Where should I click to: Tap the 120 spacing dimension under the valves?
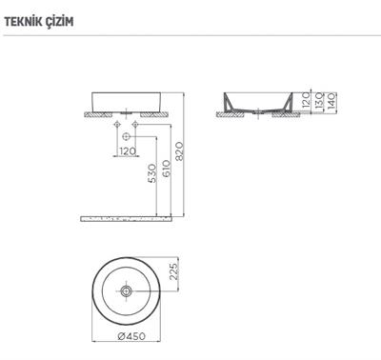[126, 150]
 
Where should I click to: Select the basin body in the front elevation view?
[126, 101]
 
